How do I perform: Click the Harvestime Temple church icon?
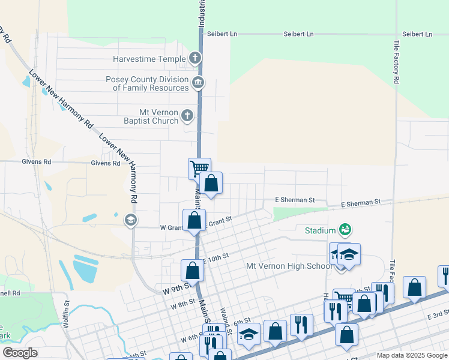point(194,59)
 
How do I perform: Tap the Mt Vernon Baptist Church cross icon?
point(187,115)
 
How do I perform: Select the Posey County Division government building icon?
point(197,82)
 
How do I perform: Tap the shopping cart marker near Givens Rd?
point(199,168)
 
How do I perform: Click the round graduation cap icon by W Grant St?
point(130,220)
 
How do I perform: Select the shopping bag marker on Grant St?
point(194,220)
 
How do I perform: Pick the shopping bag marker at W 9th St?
point(192,270)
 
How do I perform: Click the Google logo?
point(20,353)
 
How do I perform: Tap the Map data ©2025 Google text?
point(411,355)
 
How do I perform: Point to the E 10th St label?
point(217,257)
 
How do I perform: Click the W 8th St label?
point(182,304)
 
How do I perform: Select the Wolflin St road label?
point(66,315)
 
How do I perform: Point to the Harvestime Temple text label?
point(149,59)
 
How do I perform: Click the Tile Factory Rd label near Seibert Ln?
point(397,62)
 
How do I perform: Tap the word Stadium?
point(319,230)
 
